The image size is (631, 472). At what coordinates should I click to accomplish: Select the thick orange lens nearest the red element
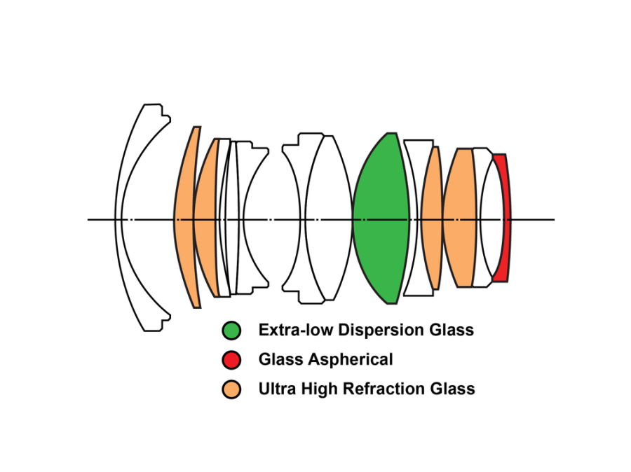[x=459, y=218]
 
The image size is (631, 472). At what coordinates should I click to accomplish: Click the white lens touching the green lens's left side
[x=330, y=218]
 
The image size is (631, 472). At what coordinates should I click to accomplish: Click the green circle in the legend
[x=231, y=330]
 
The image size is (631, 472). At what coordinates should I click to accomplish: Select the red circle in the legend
[x=231, y=360]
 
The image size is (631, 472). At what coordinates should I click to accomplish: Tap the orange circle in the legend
[x=231, y=389]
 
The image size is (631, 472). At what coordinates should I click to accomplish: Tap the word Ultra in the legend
[x=277, y=389]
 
